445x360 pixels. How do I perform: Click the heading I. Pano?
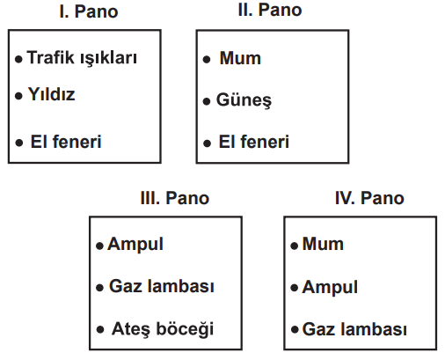[89, 11]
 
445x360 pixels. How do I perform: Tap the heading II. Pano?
[270, 10]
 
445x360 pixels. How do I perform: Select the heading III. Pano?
[175, 198]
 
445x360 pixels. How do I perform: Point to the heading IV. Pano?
[369, 198]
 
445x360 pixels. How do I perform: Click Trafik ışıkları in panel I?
[82, 58]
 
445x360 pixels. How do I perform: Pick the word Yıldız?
[51, 94]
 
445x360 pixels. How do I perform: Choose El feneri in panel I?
[66, 142]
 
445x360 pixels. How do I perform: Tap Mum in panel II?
[240, 58]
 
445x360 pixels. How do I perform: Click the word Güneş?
[244, 100]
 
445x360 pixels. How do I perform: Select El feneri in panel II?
[254, 142]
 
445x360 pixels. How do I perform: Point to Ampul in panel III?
[135, 245]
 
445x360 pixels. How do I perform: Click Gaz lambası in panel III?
[162, 286]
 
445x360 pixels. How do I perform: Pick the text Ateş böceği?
[163, 329]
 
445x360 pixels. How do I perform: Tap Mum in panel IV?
[323, 244]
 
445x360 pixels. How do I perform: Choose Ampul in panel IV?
[330, 288]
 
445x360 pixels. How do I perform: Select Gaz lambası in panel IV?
[354, 329]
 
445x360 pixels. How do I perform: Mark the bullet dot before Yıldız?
[18, 96]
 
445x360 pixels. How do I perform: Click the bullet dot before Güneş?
[207, 101]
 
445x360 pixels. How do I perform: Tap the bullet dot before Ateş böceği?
[100, 329]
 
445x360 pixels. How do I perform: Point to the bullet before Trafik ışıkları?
[18, 60]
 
